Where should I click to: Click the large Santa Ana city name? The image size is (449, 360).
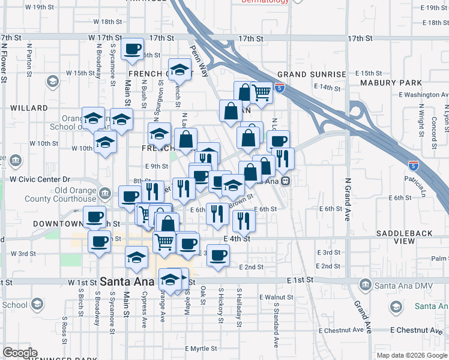point(127,281)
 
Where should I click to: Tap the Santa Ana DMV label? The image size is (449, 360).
point(400,284)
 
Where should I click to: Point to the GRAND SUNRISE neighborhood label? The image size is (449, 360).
point(312,74)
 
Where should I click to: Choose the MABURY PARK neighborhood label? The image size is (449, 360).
point(391,82)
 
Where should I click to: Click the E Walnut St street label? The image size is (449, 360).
point(276,297)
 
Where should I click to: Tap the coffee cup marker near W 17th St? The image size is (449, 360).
point(132,49)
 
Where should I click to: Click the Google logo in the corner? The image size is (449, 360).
point(20,353)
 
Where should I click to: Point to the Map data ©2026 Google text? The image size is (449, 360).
point(412,355)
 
